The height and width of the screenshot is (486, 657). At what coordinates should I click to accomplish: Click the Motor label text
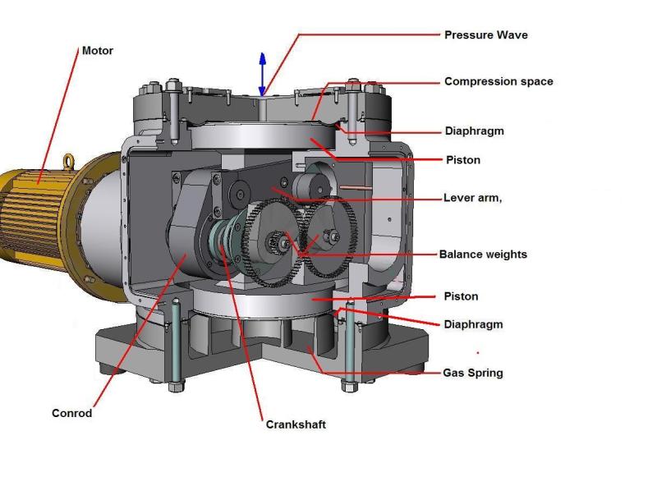tap(97, 51)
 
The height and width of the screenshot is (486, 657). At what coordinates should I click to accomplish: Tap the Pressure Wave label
tap(485, 35)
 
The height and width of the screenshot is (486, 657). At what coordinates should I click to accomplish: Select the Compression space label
tap(498, 81)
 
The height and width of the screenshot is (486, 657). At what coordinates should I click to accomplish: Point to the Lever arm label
tap(471, 198)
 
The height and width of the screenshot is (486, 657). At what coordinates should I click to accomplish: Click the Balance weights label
tap(483, 254)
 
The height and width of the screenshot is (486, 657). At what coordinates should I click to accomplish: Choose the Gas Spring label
tap(472, 373)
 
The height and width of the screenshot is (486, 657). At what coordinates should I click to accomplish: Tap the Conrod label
tap(71, 413)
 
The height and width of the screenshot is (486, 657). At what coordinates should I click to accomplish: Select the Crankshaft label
tap(296, 424)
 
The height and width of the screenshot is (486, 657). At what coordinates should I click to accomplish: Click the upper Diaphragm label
tap(474, 131)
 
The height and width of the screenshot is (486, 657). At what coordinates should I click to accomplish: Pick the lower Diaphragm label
tap(473, 324)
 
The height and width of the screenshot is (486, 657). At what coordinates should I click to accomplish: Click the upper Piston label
tap(462, 160)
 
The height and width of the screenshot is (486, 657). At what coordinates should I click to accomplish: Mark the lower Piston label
tap(461, 296)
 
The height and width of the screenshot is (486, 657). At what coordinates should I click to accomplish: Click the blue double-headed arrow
tap(263, 74)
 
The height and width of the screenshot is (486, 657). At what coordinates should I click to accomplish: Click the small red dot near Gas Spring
tap(478, 354)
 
